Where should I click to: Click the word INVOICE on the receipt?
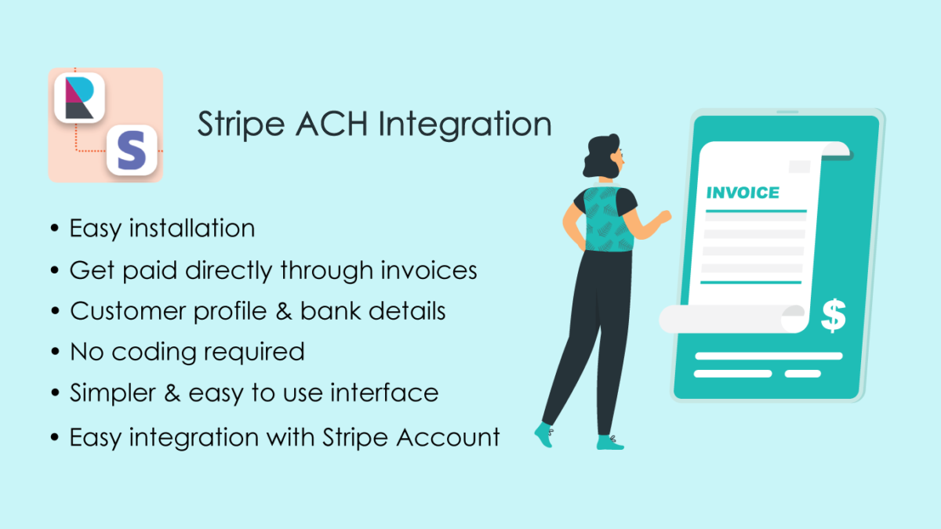pos(743,193)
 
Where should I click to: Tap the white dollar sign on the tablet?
pos(834,315)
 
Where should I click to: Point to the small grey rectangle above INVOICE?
pos(799,166)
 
